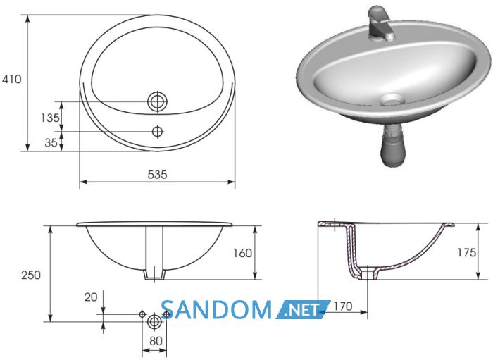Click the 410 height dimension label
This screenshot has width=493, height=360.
tap(12, 79)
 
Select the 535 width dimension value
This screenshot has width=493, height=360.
tap(157, 175)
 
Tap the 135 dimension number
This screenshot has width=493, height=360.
tap(50, 118)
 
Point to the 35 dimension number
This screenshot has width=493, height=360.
tap(51, 143)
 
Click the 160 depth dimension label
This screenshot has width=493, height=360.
tap(242, 253)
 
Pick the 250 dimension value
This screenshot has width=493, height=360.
tap(31, 275)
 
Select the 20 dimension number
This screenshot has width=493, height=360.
tap(91, 297)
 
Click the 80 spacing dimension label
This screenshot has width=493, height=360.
tap(156, 341)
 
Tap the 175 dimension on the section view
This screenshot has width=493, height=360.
tap(467, 252)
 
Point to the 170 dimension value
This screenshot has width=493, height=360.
tap(343, 306)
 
